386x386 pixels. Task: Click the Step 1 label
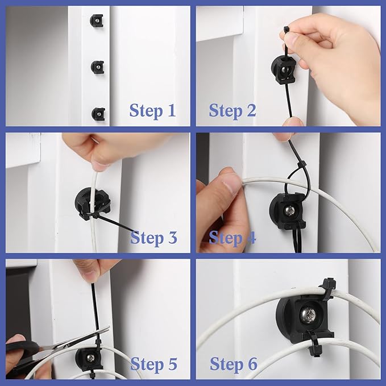click(x=152, y=110)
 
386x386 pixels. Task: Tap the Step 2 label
click(x=232, y=110)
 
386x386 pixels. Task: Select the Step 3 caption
click(x=153, y=237)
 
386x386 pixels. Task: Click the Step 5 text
click(x=153, y=363)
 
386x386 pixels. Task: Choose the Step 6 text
click(x=233, y=363)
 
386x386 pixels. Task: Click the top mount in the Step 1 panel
click(x=97, y=21)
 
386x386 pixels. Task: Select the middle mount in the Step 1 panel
click(x=97, y=67)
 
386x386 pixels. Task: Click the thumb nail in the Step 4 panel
click(x=231, y=185)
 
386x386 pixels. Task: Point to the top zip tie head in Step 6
click(x=328, y=285)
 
